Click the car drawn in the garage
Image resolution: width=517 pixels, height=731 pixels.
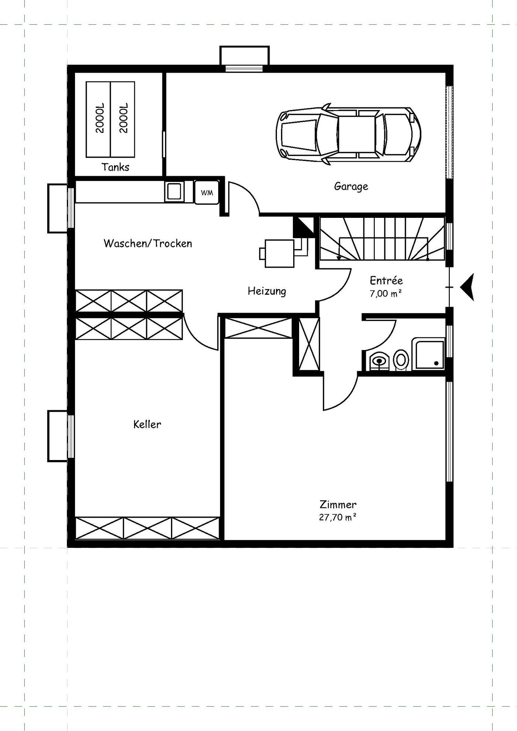click(x=348, y=134)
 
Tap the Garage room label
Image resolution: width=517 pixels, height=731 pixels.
click(x=351, y=186)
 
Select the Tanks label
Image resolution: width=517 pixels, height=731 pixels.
click(x=116, y=167)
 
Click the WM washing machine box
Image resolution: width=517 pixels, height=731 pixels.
click(x=207, y=192)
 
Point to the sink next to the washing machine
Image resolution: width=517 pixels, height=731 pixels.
click(x=174, y=191)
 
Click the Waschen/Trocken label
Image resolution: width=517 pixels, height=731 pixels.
click(x=148, y=243)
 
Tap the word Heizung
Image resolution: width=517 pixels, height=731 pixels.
click(x=267, y=291)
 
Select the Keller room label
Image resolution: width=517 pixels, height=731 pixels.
click(x=147, y=424)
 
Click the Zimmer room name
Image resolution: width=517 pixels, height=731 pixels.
click(x=338, y=504)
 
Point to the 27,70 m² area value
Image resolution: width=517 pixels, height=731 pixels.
click(x=338, y=517)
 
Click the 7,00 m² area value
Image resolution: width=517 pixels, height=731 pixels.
click(x=386, y=294)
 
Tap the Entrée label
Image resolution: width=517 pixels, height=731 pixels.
click(x=386, y=281)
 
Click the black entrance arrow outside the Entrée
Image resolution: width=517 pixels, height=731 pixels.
click(x=467, y=287)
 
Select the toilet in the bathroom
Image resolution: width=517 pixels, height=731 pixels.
click(x=401, y=360)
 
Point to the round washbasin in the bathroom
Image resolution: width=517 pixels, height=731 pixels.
click(x=379, y=360)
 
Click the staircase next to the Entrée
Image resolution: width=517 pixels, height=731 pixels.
click(x=382, y=239)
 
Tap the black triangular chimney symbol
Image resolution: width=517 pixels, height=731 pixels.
click(x=303, y=227)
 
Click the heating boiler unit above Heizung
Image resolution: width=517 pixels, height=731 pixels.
click(x=280, y=253)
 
